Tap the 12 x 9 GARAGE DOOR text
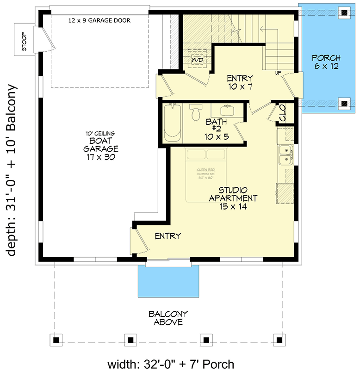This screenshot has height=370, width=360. pyautogui.click(x=99, y=20)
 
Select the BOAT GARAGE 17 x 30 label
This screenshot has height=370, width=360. pyautogui.click(x=101, y=145)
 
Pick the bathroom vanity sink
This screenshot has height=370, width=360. pyautogui.click(x=226, y=110)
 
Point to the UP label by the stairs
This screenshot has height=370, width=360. pyautogui.click(x=279, y=73)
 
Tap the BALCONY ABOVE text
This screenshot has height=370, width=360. pyautogui.click(x=165, y=318)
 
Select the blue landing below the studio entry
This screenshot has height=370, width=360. pyautogui.click(x=169, y=282)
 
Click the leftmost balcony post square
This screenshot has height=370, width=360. pyautogui.click(x=56, y=340)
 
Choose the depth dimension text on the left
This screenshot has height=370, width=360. pyautogui.click(x=12, y=170)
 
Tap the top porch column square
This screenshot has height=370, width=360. pyautogui.click(x=345, y=13)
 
